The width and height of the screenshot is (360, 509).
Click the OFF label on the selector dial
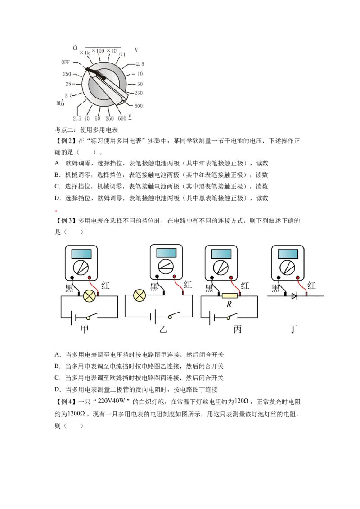click(x=65, y=62)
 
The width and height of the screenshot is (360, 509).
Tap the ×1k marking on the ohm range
click(x=85, y=53)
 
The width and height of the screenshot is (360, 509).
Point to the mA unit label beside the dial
click(x=60, y=103)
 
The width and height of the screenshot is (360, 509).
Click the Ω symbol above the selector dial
click(x=75, y=48)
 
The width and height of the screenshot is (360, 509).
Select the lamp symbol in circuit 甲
click(x=90, y=296)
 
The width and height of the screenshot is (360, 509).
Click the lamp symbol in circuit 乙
click(x=139, y=296)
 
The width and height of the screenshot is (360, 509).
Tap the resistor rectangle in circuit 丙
click(x=230, y=295)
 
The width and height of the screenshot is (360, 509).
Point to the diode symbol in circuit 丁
click(x=294, y=296)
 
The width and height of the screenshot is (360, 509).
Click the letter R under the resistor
click(x=229, y=304)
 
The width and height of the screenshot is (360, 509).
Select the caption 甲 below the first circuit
click(x=85, y=329)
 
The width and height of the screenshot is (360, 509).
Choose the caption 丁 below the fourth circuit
click(x=293, y=329)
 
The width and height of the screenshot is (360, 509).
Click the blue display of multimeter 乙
click(x=166, y=253)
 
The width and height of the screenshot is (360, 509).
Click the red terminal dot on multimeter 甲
click(x=90, y=277)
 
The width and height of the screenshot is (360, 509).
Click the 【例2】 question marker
click(x=65, y=141)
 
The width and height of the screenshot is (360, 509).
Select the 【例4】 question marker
click(x=65, y=402)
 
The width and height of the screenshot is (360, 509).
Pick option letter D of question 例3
click(x=58, y=389)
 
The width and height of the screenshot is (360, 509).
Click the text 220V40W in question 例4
click(x=112, y=401)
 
